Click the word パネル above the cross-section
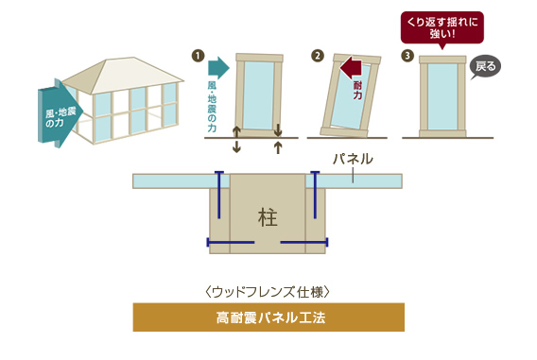354,159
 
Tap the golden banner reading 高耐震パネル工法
268,317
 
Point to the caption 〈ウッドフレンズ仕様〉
268,287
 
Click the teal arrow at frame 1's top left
217,66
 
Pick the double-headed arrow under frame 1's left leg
236,140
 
